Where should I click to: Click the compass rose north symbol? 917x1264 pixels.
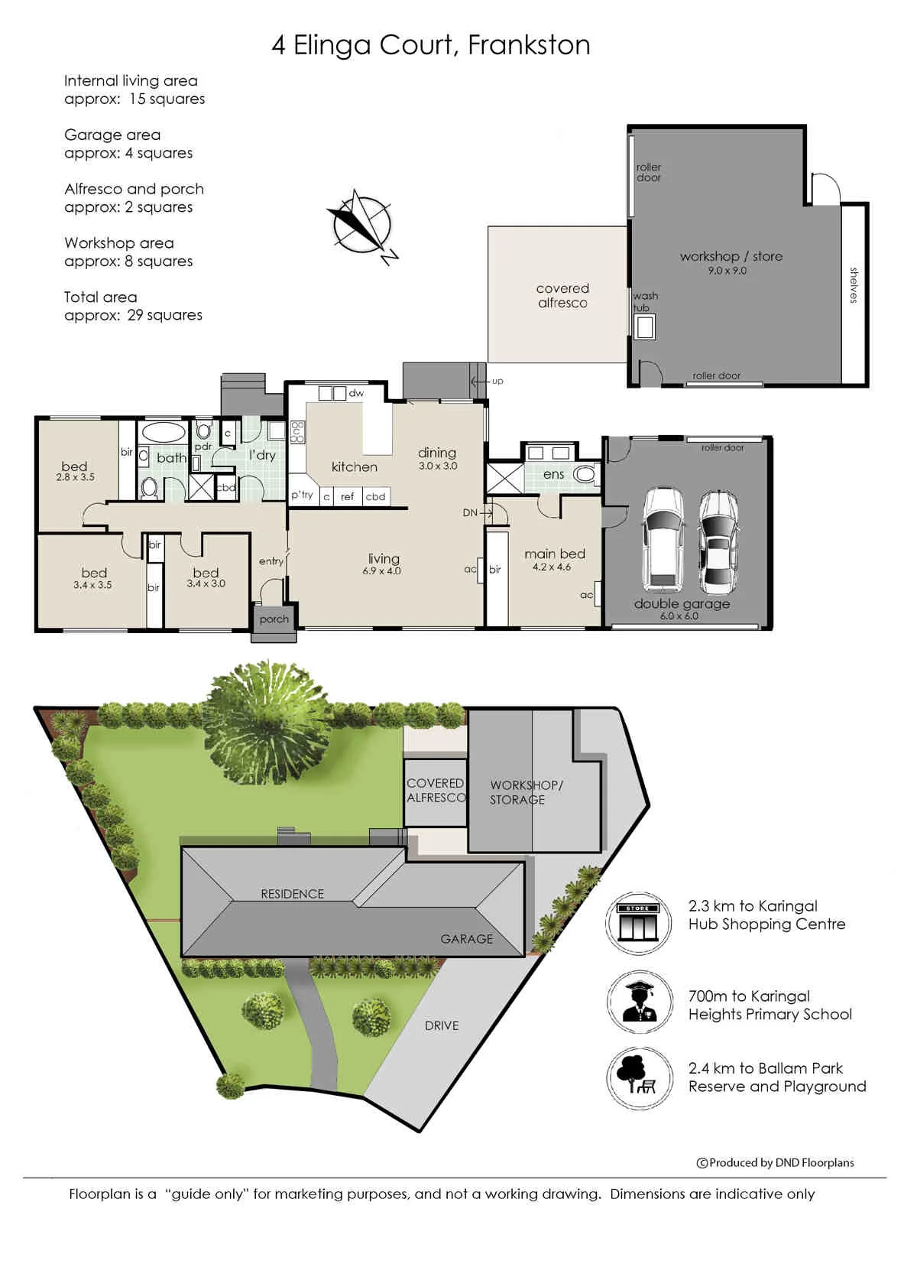tap(363, 226)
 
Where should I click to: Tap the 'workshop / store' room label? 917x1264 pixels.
tap(731, 256)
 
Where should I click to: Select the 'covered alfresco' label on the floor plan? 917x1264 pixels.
tap(562, 296)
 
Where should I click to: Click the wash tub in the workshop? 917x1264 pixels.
tap(644, 327)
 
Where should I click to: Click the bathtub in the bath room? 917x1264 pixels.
tap(163, 433)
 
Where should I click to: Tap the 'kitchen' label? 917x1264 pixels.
tap(354, 466)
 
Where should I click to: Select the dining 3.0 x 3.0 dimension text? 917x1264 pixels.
tap(438, 466)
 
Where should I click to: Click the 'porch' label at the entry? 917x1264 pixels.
tap(274, 619)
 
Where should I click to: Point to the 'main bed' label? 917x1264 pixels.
tap(554, 554)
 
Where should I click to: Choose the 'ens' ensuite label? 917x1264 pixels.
tap(553, 475)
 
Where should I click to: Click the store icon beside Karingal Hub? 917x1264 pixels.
tap(638, 924)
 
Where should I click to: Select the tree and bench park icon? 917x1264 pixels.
tap(640, 1078)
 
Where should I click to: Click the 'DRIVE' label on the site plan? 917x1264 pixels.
tap(442, 1026)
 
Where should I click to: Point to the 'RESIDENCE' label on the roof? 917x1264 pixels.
tap(292, 894)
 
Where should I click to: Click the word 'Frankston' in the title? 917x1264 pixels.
tap(529, 45)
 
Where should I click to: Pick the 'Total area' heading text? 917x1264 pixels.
tap(100, 297)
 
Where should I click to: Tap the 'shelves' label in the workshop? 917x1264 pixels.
tap(854, 285)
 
